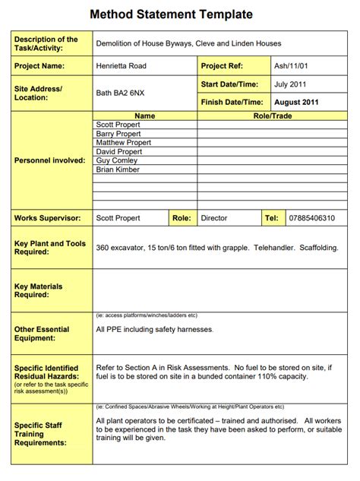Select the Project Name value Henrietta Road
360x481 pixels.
click(121, 66)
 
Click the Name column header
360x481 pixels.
click(144, 116)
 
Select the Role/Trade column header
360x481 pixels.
click(272, 116)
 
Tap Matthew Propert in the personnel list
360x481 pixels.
click(124, 143)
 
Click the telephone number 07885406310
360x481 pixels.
click(311, 218)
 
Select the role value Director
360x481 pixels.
click(213, 218)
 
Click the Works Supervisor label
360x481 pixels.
click(47, 218)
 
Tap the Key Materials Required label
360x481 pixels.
click(38, 290)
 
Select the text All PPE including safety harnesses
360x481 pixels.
click(155, 329)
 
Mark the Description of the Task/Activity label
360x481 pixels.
click(46, 43)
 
